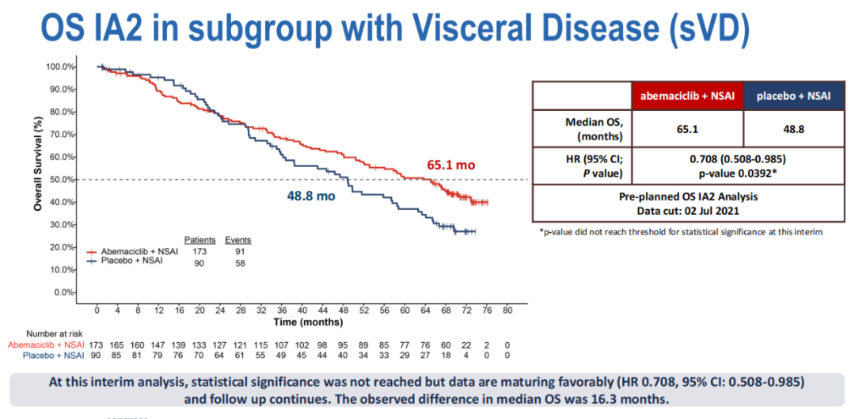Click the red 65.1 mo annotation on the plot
pos(451,166)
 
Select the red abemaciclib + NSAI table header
pos(687,97)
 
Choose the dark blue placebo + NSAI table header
pos(793,97)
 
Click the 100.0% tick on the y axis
pos(61,67)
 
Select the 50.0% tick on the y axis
pos(61,180)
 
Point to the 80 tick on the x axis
pos(507,310)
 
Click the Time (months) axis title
pos(310,322)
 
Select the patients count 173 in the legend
pos(199,250)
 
